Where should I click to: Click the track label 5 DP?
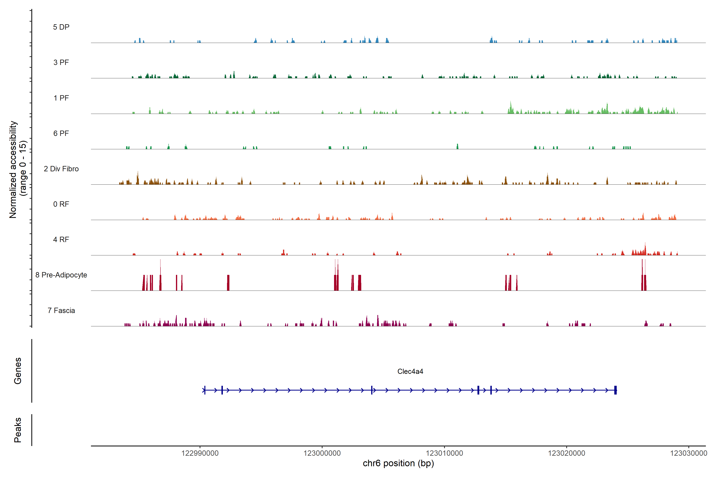(x=61, y=27)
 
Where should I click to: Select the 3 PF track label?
(x=61, y=62)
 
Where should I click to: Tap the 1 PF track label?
(x=61, y=98)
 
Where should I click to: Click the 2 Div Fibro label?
(x=61, y=169)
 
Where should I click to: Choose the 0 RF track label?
(x=61, y=204)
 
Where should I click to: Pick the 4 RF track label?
(x=61, y=239)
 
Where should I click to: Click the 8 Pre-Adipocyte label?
(x=61, y=275)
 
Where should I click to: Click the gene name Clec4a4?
(x=410, y=371)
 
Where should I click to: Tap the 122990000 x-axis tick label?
(x=200, y=453)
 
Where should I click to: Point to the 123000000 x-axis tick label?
(x=322, y=453)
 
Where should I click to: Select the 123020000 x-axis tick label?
(x=566, y=453)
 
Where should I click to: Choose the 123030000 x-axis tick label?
(x=689, y=453)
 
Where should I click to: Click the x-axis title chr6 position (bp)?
(x=398, y=463)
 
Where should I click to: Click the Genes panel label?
(x=18, y=371)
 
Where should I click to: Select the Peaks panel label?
(x=18, y=430)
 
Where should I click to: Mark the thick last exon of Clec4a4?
(x=615, y=390)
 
